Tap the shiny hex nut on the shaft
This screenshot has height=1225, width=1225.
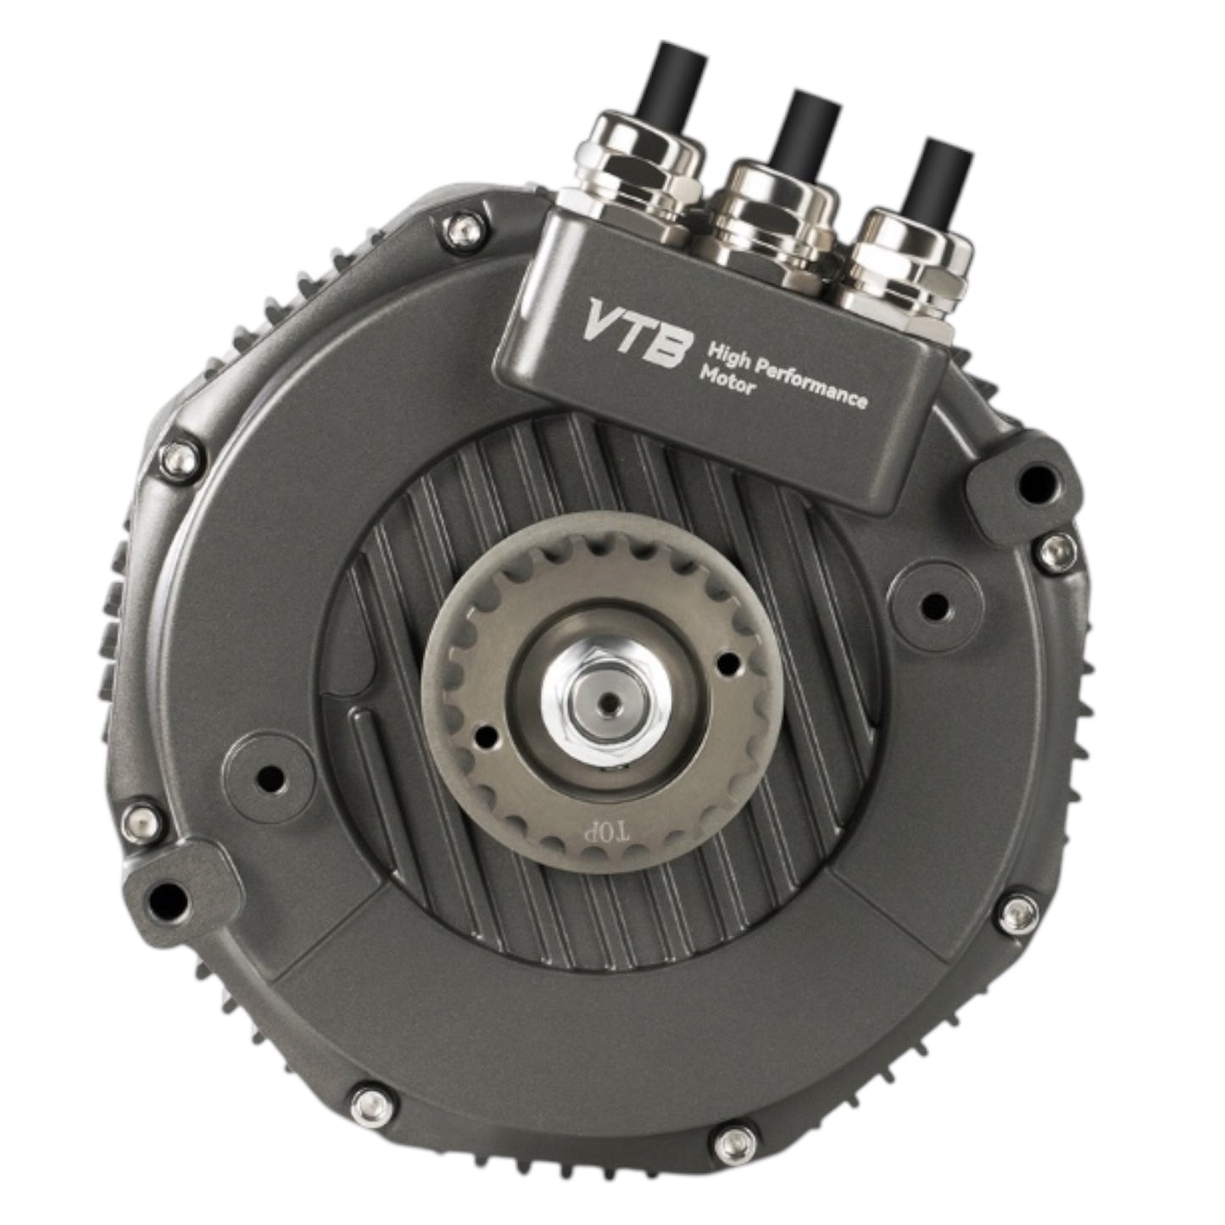(606, 703)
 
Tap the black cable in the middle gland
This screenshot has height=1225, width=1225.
(809, 131)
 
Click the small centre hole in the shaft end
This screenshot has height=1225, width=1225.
(607, 703)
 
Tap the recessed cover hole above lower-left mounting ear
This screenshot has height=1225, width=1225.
(270, 776)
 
